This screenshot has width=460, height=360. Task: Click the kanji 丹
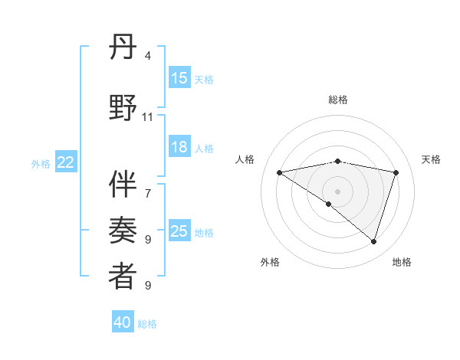pos(123,51)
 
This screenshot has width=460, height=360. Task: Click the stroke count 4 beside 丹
pos(148,55)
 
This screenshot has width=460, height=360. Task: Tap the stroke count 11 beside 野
pos(148,117)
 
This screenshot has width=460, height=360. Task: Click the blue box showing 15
pos(179,77)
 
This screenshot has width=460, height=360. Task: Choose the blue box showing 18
pos(179,147)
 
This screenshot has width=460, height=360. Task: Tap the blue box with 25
pos(179,231)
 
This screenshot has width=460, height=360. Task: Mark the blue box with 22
pos(66,162)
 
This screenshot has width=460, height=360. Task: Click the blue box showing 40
pos(123,322)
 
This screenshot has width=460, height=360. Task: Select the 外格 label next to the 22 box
pos(41,163)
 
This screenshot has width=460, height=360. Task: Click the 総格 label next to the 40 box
pos(147,324)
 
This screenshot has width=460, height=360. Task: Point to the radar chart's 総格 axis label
pos(337,100)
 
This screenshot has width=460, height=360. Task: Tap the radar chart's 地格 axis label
pos(402,262)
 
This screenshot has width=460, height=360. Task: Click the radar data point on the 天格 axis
pos(396,172)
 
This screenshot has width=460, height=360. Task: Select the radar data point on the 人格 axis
pos(279,172)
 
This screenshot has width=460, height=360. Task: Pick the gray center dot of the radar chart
pos(337,191)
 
